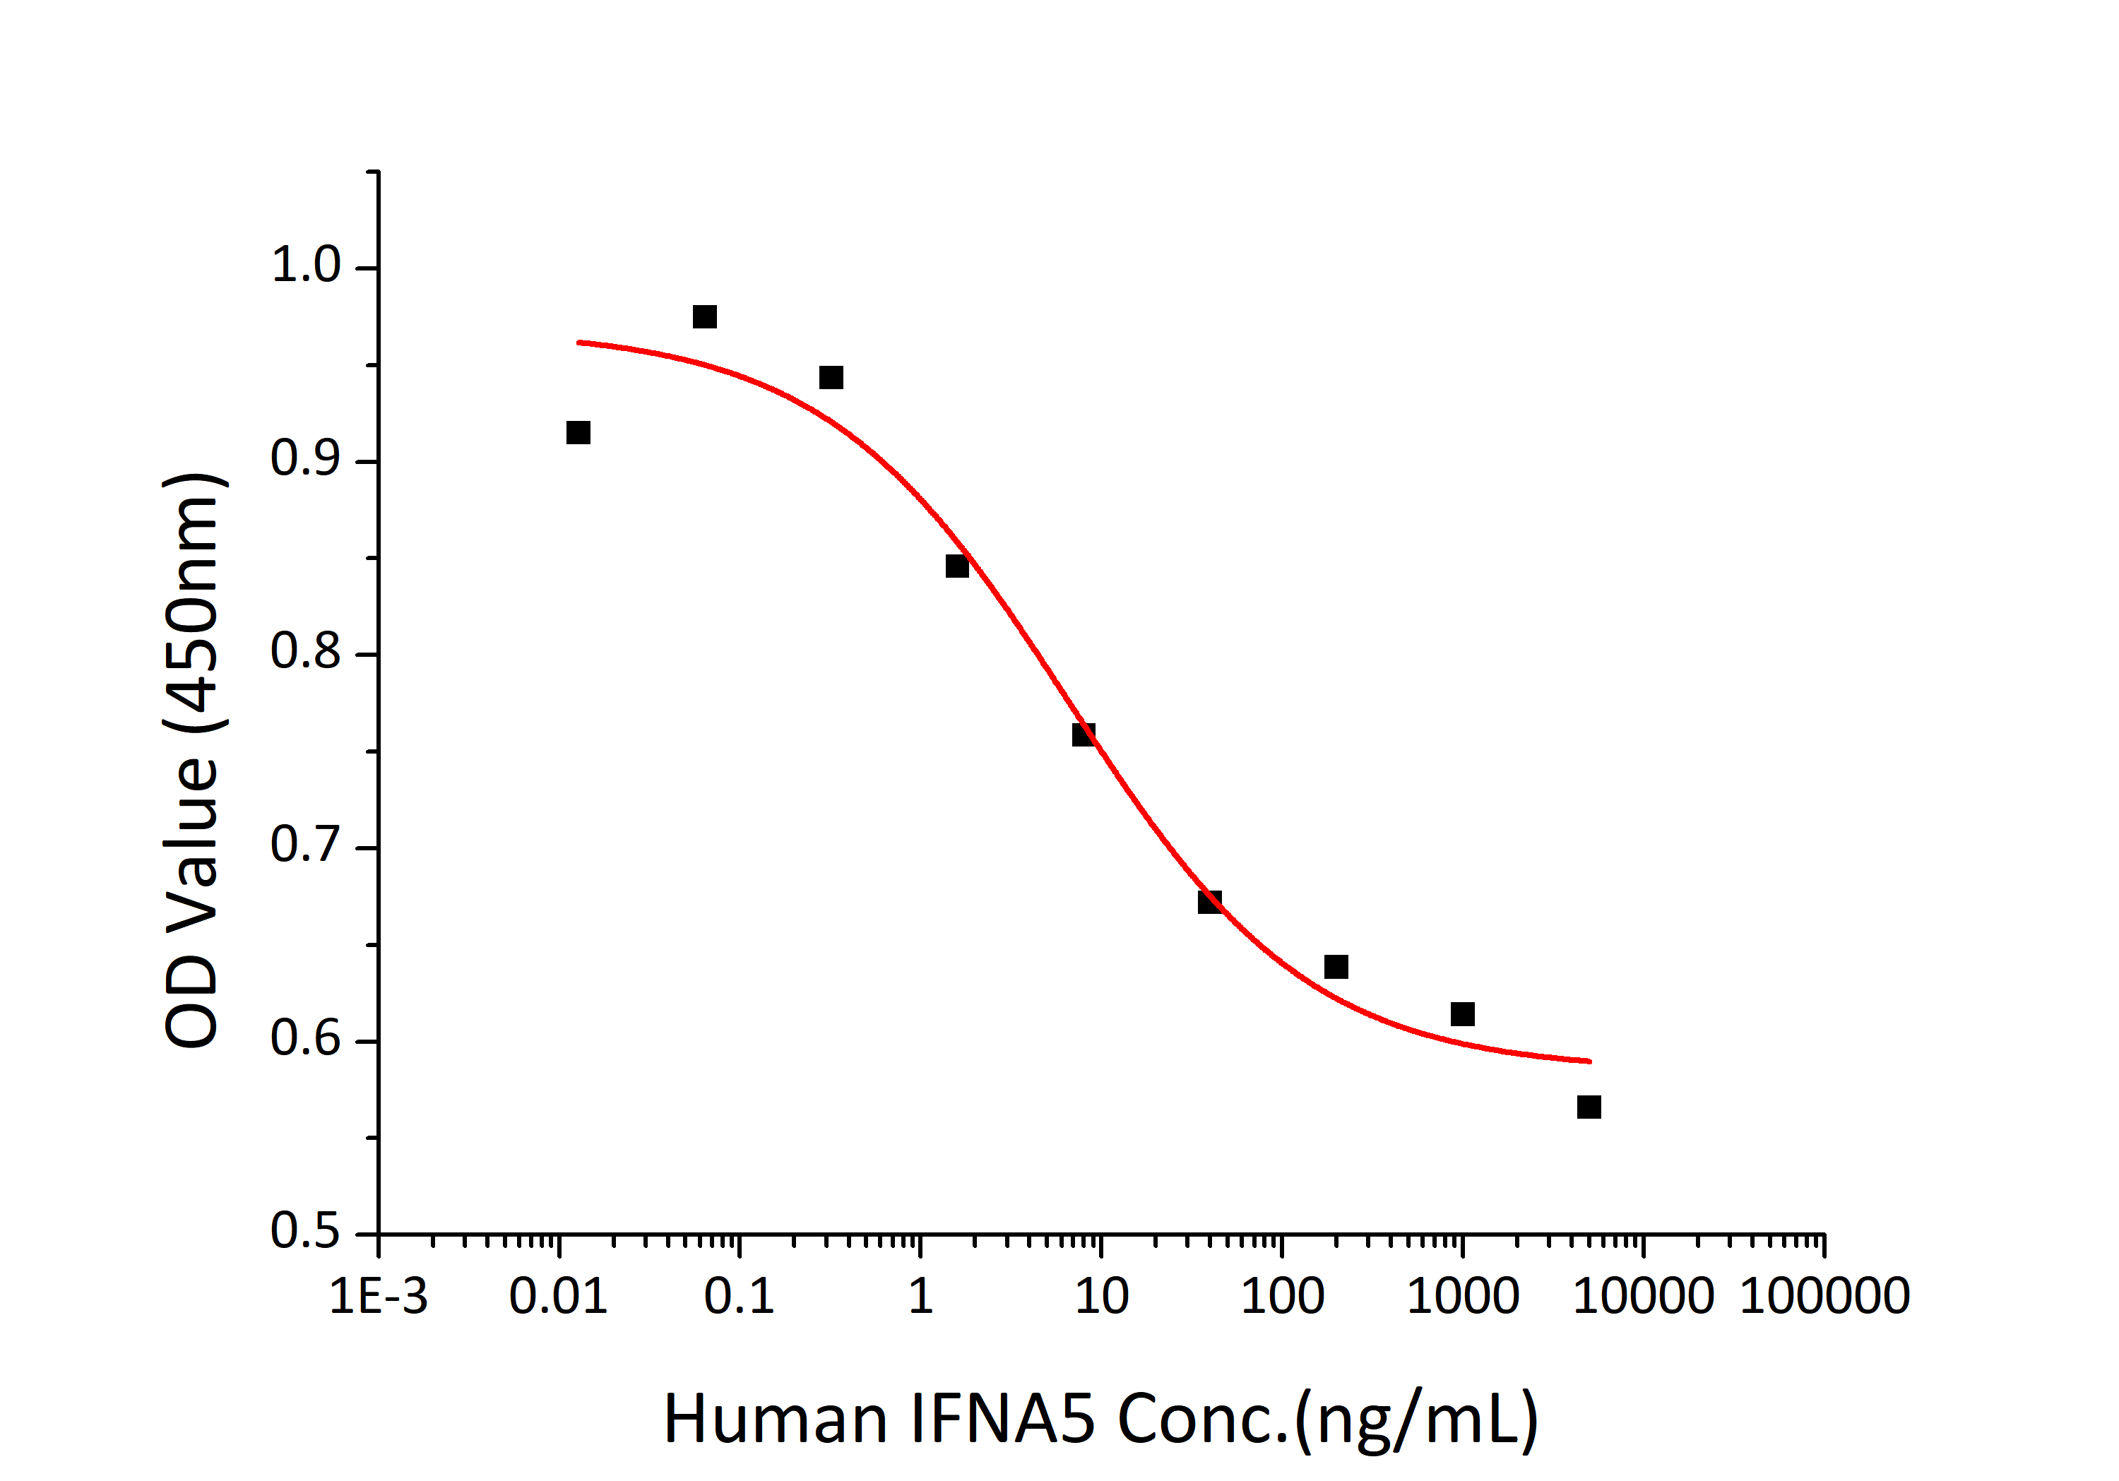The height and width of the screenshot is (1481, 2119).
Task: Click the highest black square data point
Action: (704, 316)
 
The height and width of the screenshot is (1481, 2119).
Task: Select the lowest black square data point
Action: (1589, 1107)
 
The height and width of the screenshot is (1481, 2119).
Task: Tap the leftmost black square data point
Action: (578, 433)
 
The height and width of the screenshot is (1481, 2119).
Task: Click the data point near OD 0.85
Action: (957, 566)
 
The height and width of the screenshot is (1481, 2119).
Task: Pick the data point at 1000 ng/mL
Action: (1462, 1014)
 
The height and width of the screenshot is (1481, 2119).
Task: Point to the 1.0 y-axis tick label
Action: (305, 266)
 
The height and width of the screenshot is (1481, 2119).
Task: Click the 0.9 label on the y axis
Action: (305, 458)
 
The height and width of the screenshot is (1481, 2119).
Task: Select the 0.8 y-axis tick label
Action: (305, 651)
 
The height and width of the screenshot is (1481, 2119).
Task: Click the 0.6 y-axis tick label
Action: (305, 1038)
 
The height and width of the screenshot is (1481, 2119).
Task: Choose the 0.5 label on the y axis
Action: (305, 1231)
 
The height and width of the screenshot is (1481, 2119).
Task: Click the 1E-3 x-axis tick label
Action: (379, 1297)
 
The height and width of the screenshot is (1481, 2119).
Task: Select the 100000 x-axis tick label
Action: (1824, 1297)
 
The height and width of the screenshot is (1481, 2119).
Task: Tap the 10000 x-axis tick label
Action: (1643, 1297)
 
